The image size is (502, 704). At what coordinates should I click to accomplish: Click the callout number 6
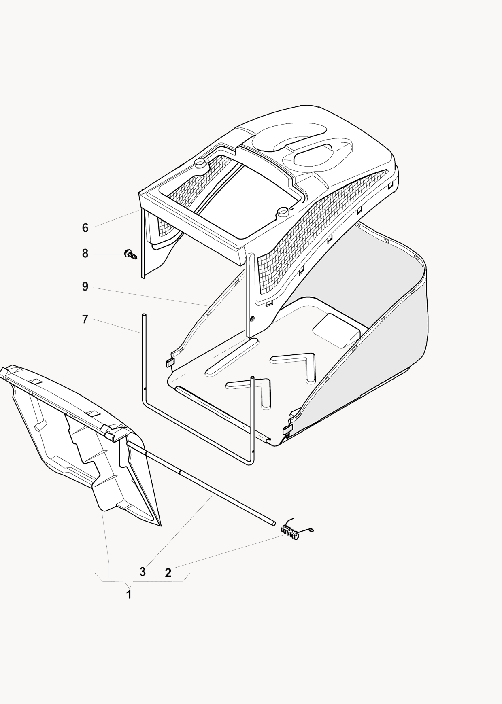click(x=85, y=228)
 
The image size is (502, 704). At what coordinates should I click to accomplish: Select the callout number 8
click(x=85, y=254)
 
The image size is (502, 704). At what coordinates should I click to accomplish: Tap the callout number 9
click(x=85, y=287)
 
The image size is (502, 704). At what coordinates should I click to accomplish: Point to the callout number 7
click(x=85, y=320)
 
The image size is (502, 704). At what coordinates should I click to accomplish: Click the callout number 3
click(x=143, y=572)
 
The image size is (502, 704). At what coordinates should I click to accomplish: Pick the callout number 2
click(x=168, y=573)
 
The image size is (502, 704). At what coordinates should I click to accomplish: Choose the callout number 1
click(x=129, y=595)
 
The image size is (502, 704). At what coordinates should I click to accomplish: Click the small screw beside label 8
click(x=130, y=254)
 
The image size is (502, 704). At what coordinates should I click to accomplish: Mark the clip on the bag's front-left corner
click(x=170, y=363)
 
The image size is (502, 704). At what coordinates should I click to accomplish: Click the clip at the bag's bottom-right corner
click(x=287, y=430)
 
